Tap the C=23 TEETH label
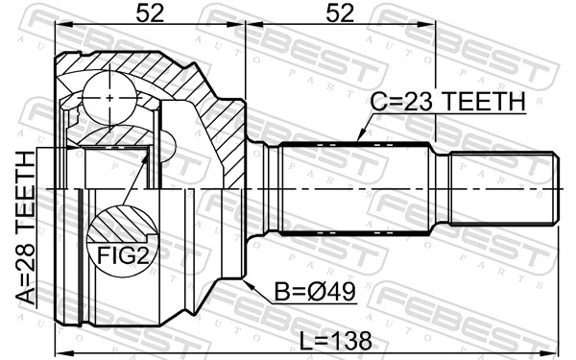coord(449,101)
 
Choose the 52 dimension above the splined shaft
coord(339,12)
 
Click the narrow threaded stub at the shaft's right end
coord(504,189)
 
